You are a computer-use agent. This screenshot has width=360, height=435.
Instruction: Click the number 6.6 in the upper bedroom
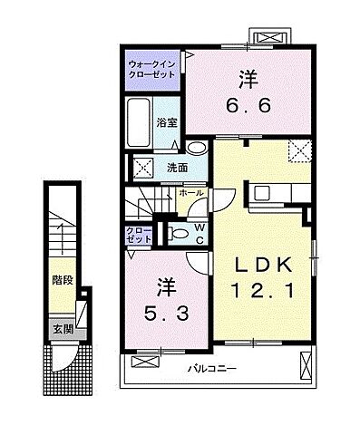coord(245,106)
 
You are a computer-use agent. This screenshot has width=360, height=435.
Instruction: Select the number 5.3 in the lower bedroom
coord(167,316)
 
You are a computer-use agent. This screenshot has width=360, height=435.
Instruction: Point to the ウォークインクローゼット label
coord(152,70)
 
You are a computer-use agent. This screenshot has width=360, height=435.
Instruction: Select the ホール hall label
coord(191,193)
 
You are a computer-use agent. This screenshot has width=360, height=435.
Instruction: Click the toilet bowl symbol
coord(180,233)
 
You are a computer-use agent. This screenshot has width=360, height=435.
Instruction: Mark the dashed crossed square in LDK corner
coord(299,151)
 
